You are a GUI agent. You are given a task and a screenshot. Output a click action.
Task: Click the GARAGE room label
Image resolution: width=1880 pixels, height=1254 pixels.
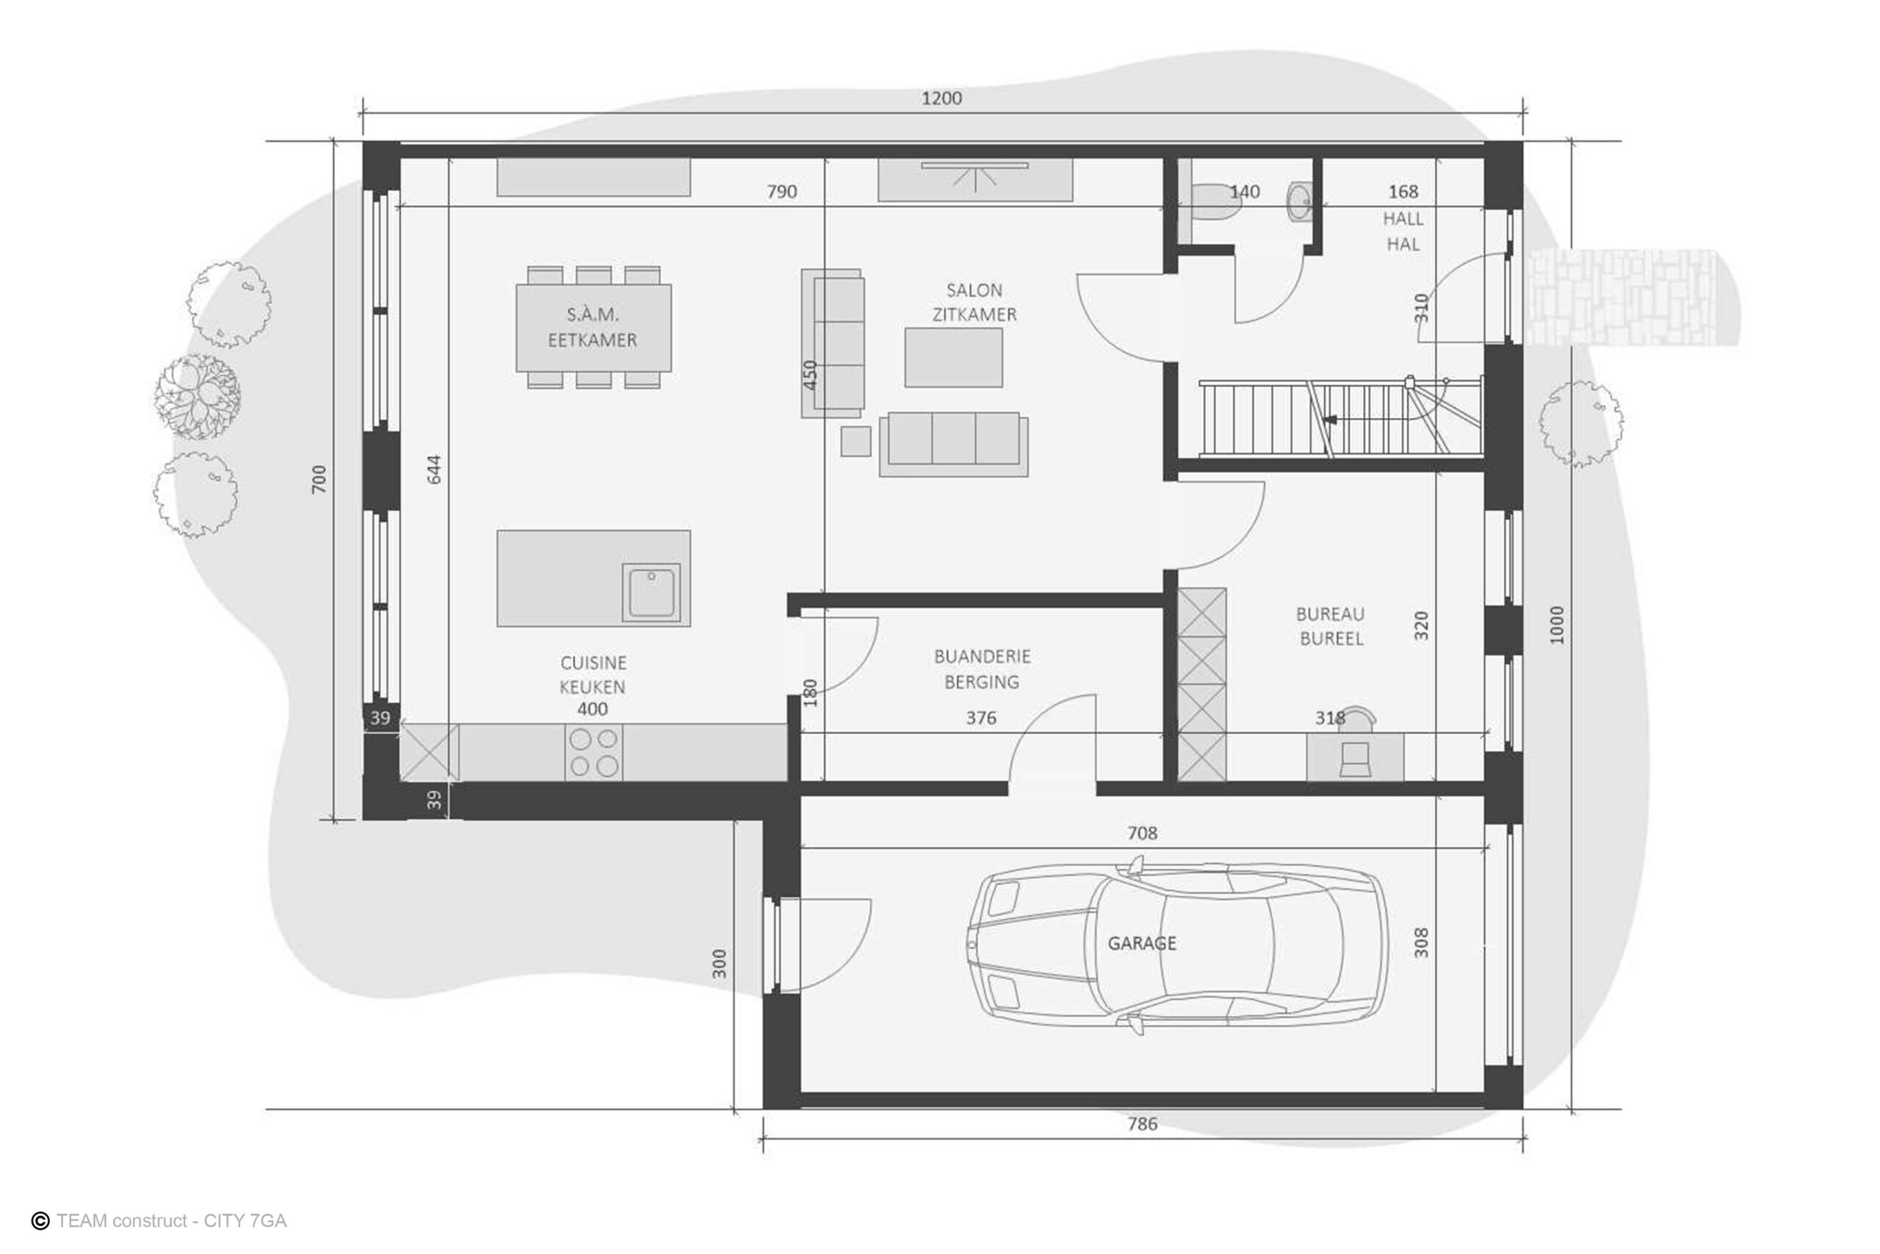1141,944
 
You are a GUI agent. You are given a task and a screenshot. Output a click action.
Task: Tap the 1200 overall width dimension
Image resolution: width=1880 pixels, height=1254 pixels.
941,98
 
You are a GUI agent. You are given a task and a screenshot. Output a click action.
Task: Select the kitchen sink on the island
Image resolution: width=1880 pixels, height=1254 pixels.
651,593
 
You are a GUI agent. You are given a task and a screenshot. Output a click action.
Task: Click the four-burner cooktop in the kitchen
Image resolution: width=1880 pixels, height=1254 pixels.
593,752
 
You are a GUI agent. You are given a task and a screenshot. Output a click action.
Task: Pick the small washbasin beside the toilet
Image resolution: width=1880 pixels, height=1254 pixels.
1300,201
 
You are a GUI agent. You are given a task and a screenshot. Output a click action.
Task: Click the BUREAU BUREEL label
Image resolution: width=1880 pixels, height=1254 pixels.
1331,626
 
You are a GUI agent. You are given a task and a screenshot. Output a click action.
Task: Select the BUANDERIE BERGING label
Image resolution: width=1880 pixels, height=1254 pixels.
983,669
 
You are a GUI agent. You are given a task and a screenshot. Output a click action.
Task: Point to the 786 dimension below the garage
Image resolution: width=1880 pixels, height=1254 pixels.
1142,1124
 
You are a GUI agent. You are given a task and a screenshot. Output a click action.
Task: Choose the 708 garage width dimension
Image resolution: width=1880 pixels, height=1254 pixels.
1142,832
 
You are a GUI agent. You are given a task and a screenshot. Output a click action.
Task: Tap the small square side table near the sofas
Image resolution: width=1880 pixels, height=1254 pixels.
856,442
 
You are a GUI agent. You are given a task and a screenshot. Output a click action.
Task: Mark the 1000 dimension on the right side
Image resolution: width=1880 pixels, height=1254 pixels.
1556,625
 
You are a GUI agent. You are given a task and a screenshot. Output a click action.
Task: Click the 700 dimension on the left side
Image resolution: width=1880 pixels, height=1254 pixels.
319,479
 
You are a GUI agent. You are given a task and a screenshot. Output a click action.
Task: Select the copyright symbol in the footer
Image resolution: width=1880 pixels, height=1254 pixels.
40,1220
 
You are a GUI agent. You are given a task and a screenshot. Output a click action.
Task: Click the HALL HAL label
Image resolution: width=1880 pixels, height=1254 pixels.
1403,231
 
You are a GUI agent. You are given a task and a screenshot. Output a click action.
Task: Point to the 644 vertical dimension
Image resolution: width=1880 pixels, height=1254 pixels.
434,469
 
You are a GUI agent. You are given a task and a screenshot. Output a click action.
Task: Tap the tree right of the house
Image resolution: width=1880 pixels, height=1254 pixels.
1581,424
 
